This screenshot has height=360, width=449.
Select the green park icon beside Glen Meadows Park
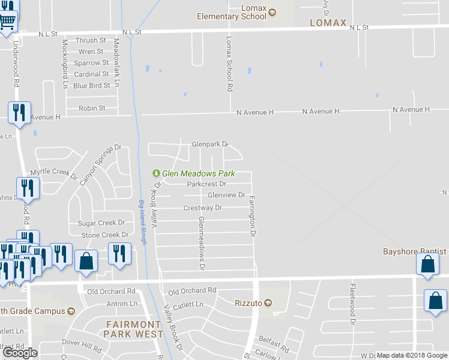coord(157,173)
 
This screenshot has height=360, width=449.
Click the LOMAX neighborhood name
coord(328,23)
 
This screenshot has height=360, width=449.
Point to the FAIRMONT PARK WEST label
coord(133,329)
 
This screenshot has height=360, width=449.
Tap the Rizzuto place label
coord(248,303)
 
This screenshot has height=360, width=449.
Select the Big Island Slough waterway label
coord(142,221)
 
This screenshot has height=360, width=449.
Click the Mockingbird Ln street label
coord(64,64)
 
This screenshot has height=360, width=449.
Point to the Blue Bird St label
coord(91,86)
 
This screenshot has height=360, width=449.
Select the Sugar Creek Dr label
coord(101,223)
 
